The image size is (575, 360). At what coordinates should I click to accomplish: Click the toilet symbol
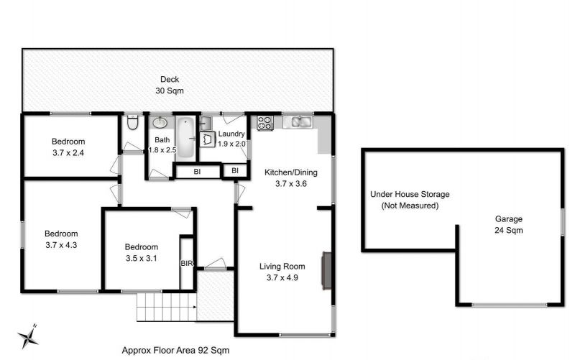point(132,122)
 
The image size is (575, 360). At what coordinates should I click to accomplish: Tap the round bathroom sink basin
point(160,122)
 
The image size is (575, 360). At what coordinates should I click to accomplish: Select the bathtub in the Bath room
point(185,138)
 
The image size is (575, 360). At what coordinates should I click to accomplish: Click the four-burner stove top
point(265,123)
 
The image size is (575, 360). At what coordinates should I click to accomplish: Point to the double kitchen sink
point(301,121)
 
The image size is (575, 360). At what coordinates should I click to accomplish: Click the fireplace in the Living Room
point(327,271)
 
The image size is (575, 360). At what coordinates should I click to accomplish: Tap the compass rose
point(28,336)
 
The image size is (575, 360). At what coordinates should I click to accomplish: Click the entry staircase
point(167,307)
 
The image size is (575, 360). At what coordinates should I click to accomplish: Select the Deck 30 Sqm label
point(170,85)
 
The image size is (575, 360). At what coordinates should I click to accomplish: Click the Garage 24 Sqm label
point(509,224)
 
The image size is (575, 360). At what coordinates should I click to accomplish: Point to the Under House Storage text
point(410,194)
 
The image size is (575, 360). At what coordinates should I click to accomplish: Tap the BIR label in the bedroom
point(187,263)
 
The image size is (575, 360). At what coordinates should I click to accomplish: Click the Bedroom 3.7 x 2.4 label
point(68,147)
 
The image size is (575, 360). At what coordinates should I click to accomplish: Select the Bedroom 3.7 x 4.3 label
point(61,239)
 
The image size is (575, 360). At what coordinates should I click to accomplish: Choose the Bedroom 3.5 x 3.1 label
point(141,253)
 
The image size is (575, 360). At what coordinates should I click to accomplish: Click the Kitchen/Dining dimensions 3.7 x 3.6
point(291,184)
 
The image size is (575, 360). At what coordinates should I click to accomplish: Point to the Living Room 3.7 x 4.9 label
point(282,272)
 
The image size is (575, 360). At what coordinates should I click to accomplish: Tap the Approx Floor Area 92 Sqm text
point(175,351)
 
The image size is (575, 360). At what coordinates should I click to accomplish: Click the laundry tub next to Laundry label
point(207,139)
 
